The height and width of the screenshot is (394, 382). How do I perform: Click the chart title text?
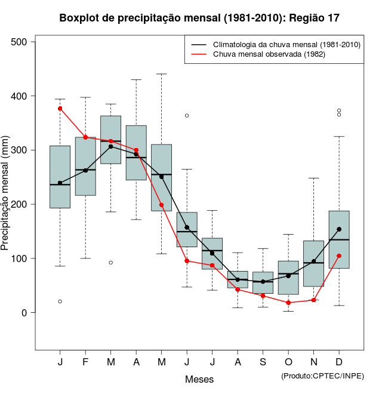pos(199,18)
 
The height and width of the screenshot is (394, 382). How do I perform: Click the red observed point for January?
pos(60,109)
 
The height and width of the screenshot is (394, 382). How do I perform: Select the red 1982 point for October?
pos(288,303)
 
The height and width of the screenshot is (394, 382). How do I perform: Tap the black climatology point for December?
pos(339,229)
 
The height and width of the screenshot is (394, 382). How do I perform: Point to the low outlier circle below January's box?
pos(60,301)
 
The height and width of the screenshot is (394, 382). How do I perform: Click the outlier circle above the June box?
pos(187,115)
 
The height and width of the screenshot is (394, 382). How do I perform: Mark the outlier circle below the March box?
pos(111,263)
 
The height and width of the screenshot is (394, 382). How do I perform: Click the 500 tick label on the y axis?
pos(19,42)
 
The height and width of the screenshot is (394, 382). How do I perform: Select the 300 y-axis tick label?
pos(19,150)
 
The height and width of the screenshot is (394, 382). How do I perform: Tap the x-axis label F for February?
pos(85,363)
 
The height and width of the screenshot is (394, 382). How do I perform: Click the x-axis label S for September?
pos(263,363)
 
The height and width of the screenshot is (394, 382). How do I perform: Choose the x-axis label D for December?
pos(339,363)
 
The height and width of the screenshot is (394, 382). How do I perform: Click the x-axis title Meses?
pos(199,379)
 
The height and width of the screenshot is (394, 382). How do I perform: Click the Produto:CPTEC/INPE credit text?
pos(322,375)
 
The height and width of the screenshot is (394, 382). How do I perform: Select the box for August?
pos(238,279)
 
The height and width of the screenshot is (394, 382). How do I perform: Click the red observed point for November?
pos(314,300)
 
